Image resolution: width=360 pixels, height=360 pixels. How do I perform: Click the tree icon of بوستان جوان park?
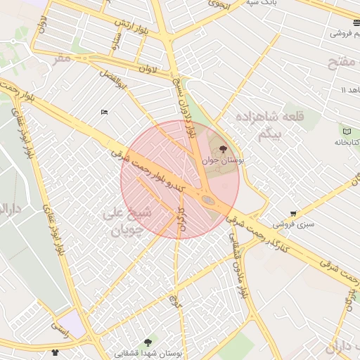tap(224, 149)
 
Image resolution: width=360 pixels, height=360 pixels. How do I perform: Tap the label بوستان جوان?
tap(223, 161)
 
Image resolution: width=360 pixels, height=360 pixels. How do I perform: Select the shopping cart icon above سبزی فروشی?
tap(293, 214)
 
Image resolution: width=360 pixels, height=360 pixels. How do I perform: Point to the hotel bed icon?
tap(104, 112)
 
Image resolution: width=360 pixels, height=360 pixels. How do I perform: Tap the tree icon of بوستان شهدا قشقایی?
tap(147, 342)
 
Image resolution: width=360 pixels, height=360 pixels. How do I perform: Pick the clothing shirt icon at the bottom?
tap(56, 352)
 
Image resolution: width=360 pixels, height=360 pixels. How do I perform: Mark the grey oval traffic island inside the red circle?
tap(209, 200)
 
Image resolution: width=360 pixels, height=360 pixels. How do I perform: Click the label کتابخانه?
tap(346, 142)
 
